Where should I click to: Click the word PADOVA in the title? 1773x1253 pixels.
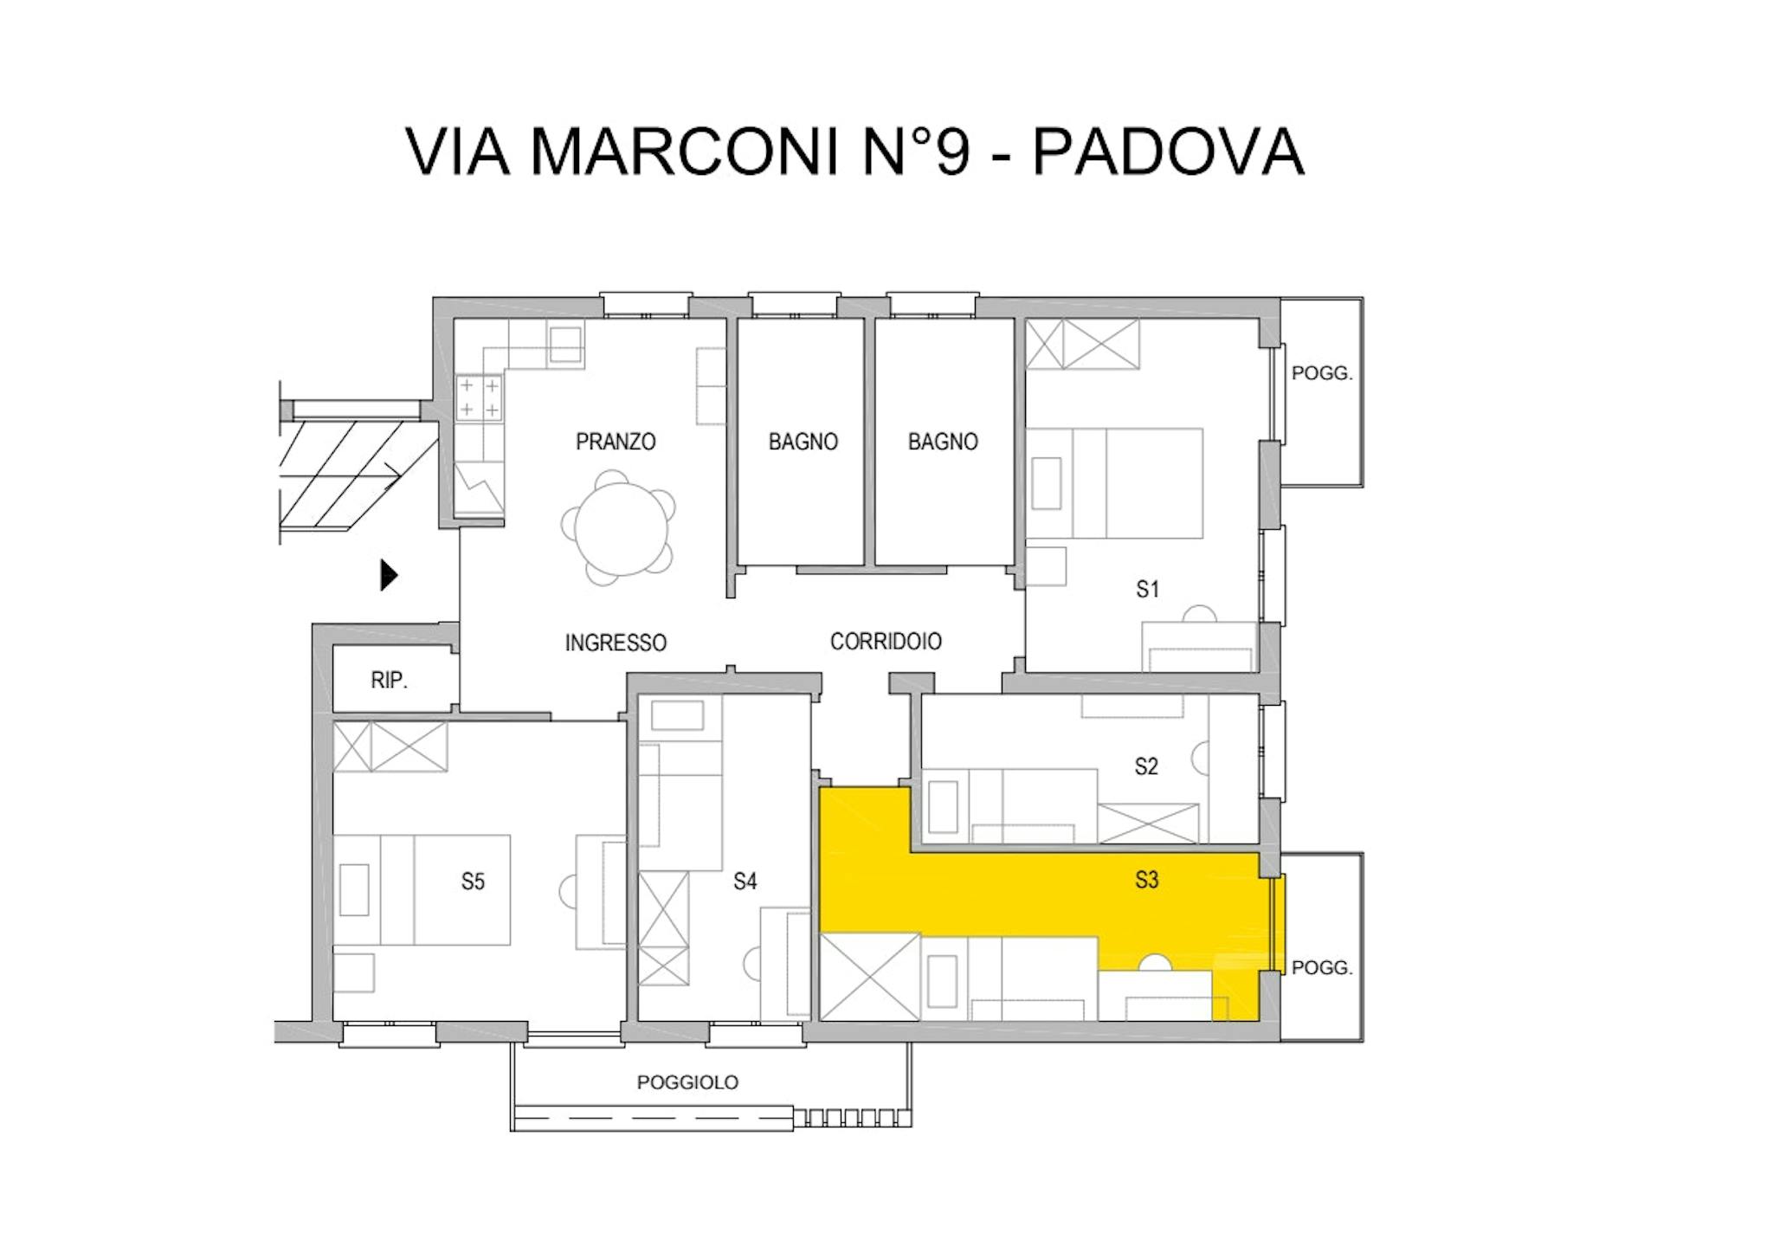click(x=1168, y=152)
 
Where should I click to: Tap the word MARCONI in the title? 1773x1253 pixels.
click(x=684, y=152)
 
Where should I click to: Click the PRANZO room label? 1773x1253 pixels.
click(x=616, y=442)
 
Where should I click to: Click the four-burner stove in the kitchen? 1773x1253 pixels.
click(x=479, y=397)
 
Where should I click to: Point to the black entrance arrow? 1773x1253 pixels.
click(x=389, y=575)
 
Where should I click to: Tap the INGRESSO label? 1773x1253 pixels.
click(x=616, y=643)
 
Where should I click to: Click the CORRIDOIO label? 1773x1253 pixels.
click(x=886, y=641)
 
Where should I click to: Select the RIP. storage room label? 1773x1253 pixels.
click(x=389, y=680)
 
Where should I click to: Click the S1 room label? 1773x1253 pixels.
click(x=1147, y=589)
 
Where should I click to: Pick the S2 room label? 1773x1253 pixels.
click(x=1146, y=765)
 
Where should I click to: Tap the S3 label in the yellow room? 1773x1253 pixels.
click(x=1146, y=880)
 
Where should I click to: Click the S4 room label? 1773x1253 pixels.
click(x=745, y=881)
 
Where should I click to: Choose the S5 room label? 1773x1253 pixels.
click(x=473, y=882)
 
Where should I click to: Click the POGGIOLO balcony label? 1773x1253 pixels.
click(x=687, y=1082)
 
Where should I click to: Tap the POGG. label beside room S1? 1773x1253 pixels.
click(x=1321, y=373)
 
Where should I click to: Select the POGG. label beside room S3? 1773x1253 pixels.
click(x=1321, y=967)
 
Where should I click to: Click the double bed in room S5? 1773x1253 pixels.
click(x=422, y=889)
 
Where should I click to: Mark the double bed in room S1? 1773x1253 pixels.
click(x=1114, y=483)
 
